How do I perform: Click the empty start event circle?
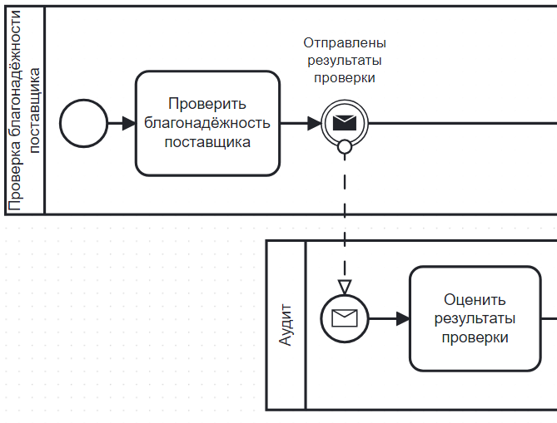click(83, 124)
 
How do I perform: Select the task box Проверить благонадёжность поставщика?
click(207, 124)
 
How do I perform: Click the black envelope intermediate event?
click(344, 124)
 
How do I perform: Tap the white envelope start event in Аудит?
click(344, 317)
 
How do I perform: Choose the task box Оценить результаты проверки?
click(475, 318)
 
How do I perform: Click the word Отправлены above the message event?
click(344, 42)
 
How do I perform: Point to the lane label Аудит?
click(286, 326)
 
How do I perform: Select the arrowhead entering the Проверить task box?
click(128, 124)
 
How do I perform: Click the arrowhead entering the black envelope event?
click(314, 124)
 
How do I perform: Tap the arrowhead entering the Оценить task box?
click(403, 318)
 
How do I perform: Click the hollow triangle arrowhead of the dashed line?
click(344, 288)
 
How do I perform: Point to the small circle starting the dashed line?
click(344, 147)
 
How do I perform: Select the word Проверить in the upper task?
click(207, 105)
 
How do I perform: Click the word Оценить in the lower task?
click(475, 300)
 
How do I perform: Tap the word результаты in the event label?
click(344, 60)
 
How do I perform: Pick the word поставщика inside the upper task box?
click(207, 142)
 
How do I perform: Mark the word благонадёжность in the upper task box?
click(207, 123)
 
